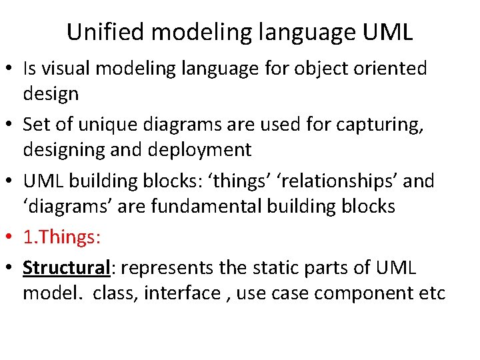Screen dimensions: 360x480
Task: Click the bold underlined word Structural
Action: [x=66, y=268]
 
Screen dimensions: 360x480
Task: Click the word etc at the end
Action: [x=433, y=293]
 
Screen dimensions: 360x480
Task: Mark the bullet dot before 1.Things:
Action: [x=10, y=237]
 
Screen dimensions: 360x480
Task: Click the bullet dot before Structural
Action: [x=10, y=269]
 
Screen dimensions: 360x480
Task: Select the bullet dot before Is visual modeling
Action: [x=10, y=69]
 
